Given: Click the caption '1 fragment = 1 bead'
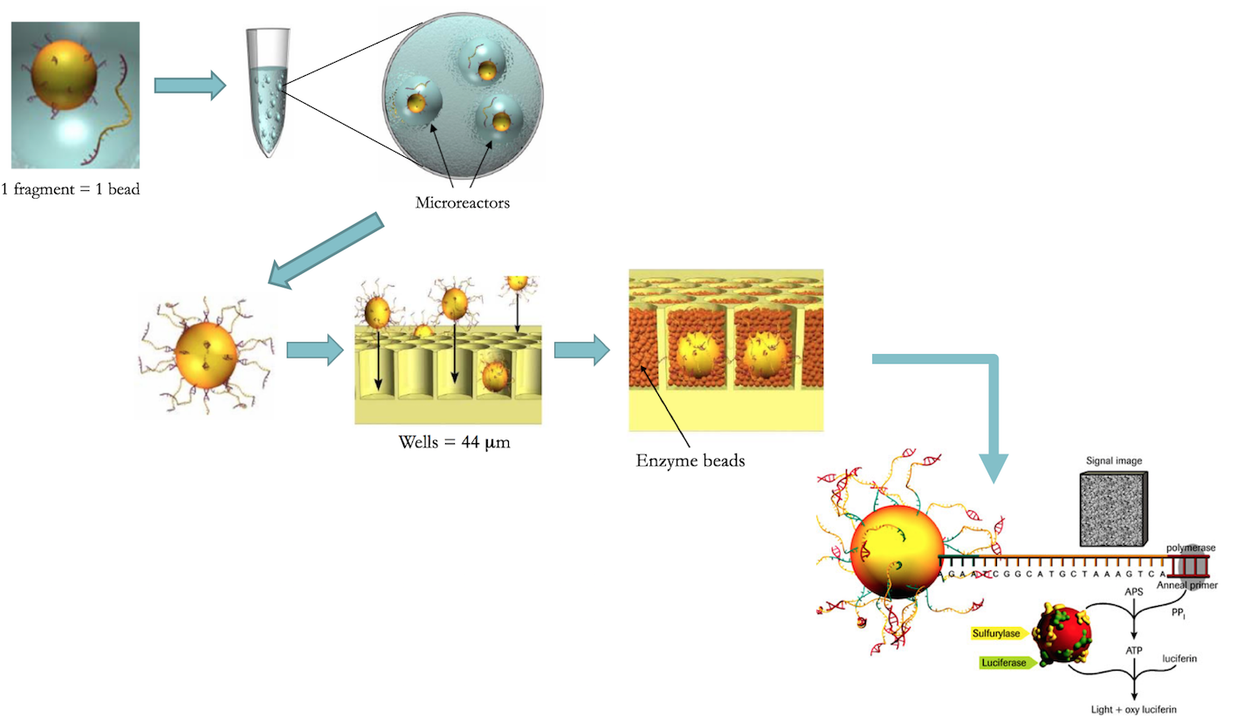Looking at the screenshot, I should (71, 188).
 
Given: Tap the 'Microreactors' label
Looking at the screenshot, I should (462, 203).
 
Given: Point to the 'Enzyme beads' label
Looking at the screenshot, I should (690, 460).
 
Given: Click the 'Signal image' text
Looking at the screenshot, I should (1113, 460).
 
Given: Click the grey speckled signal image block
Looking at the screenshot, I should (1113, 508).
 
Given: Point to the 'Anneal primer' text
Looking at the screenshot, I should (1187, 585).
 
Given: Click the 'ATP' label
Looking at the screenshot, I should (1134, 650).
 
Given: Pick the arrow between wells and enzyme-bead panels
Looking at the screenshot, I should (581, 350).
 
